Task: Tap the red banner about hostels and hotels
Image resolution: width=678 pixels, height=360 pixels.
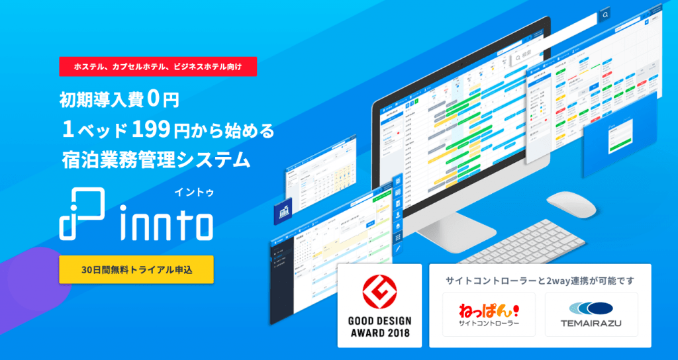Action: tap(158, 67)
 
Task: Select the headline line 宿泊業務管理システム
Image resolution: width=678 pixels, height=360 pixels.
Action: tap(155, 159)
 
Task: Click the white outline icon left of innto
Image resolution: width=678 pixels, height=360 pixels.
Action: tap(81, 214)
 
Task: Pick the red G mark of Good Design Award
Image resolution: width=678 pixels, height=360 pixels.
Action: tap(379, 293)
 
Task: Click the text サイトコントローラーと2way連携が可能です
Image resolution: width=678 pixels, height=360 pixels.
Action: tap(540, 281)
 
